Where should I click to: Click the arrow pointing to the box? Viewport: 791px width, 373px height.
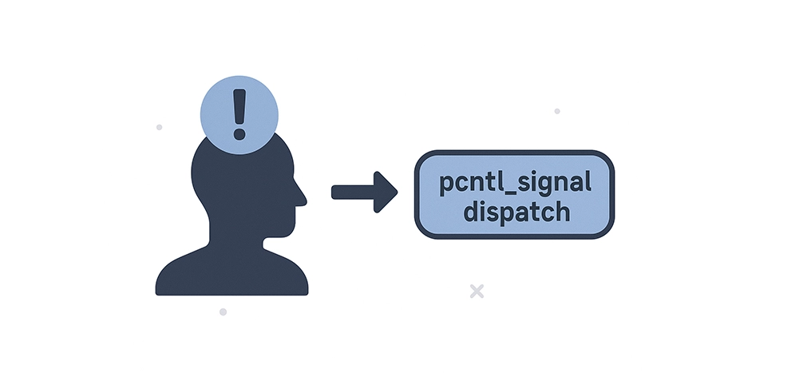[364, 192]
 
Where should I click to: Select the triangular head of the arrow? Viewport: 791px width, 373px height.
[386, 192]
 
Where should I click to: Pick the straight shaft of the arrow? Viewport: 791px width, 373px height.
[352, 192]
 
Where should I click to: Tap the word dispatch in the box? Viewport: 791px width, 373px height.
[515, 212]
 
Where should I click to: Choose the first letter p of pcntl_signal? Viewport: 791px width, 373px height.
[447, 185]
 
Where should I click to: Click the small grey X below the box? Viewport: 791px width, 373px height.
[477, 291]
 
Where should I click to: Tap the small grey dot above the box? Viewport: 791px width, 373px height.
[557, 111]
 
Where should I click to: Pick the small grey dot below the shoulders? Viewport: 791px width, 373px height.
[223, 311]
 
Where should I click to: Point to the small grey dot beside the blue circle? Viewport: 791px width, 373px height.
[160, 127]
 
